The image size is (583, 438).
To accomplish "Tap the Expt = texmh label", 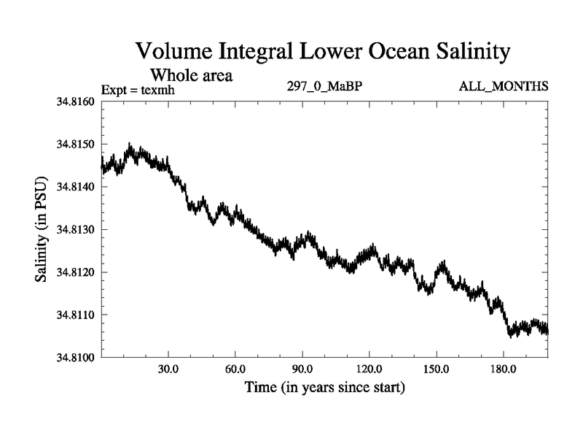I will (x=138, y=90).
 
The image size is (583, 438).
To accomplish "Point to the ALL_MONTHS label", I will (x=503, y=87).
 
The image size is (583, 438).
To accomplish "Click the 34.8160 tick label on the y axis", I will (x=75, y=101).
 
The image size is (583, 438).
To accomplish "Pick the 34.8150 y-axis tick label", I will (x=75, y=145).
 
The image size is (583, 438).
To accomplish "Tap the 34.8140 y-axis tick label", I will (x=75, y=187).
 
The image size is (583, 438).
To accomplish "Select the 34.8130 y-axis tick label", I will (x=75, y=229).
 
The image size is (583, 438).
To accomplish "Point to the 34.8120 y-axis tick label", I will (x=75, y=272).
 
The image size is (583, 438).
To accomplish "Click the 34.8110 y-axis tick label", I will (x=75, y=315).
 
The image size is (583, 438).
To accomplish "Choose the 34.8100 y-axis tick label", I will (x=75, y=357).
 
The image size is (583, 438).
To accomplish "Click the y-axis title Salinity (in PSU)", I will (x=42, y=229).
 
